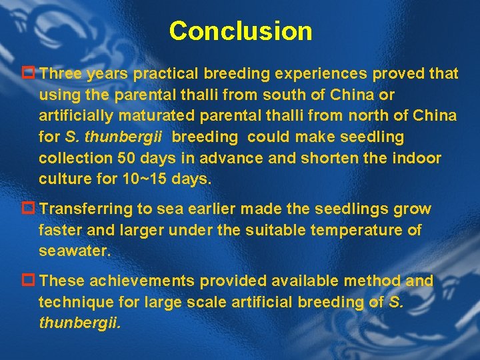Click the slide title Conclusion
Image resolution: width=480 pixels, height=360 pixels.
pos(240,31)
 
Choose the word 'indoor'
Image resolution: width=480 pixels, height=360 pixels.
pos(417,158)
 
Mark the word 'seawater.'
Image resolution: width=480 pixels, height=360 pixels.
pos(75,251)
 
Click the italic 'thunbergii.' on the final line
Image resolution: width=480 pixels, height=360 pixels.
pos(80,323)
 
